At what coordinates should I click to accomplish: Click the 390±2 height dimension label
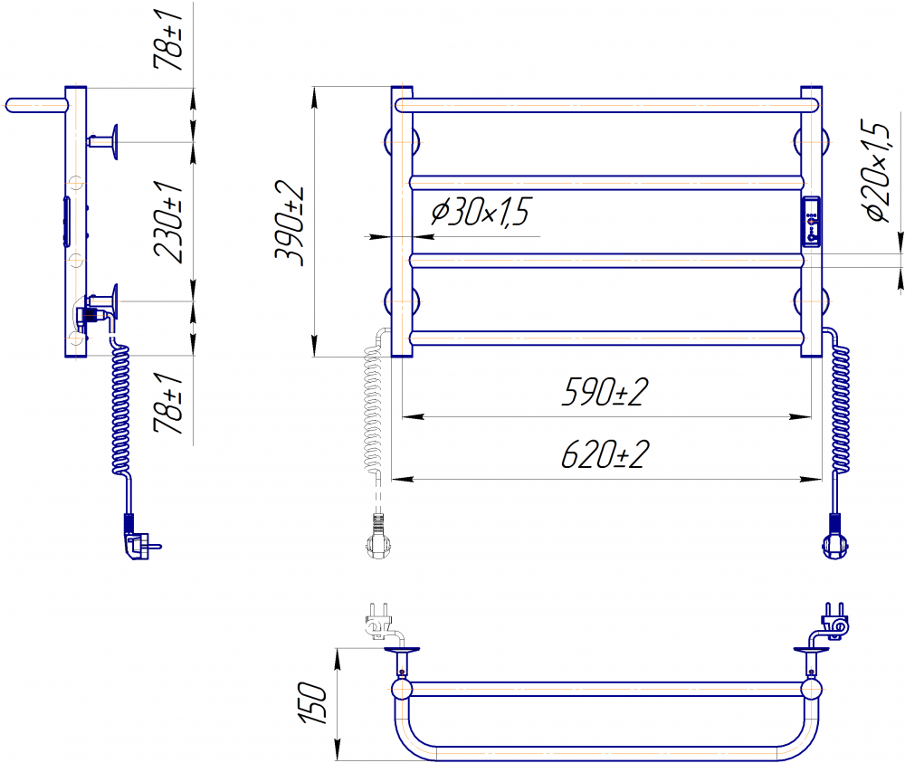[x=289, y=223]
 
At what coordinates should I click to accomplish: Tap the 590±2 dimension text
[x=605, y=393]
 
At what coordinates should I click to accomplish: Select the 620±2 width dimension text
[x=605, y=454]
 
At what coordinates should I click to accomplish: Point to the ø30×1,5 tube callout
[x=480, y=211]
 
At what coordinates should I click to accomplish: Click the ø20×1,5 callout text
[x=879, y=170]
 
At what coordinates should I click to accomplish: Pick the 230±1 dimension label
[x=168, y=223]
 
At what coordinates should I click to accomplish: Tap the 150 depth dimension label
[x=312, y=703]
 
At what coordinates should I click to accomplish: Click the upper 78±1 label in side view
[x=168, y=39]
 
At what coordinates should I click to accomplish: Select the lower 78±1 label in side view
[x=168, y=403]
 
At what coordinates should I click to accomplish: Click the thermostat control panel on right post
[x=811, y=223]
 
